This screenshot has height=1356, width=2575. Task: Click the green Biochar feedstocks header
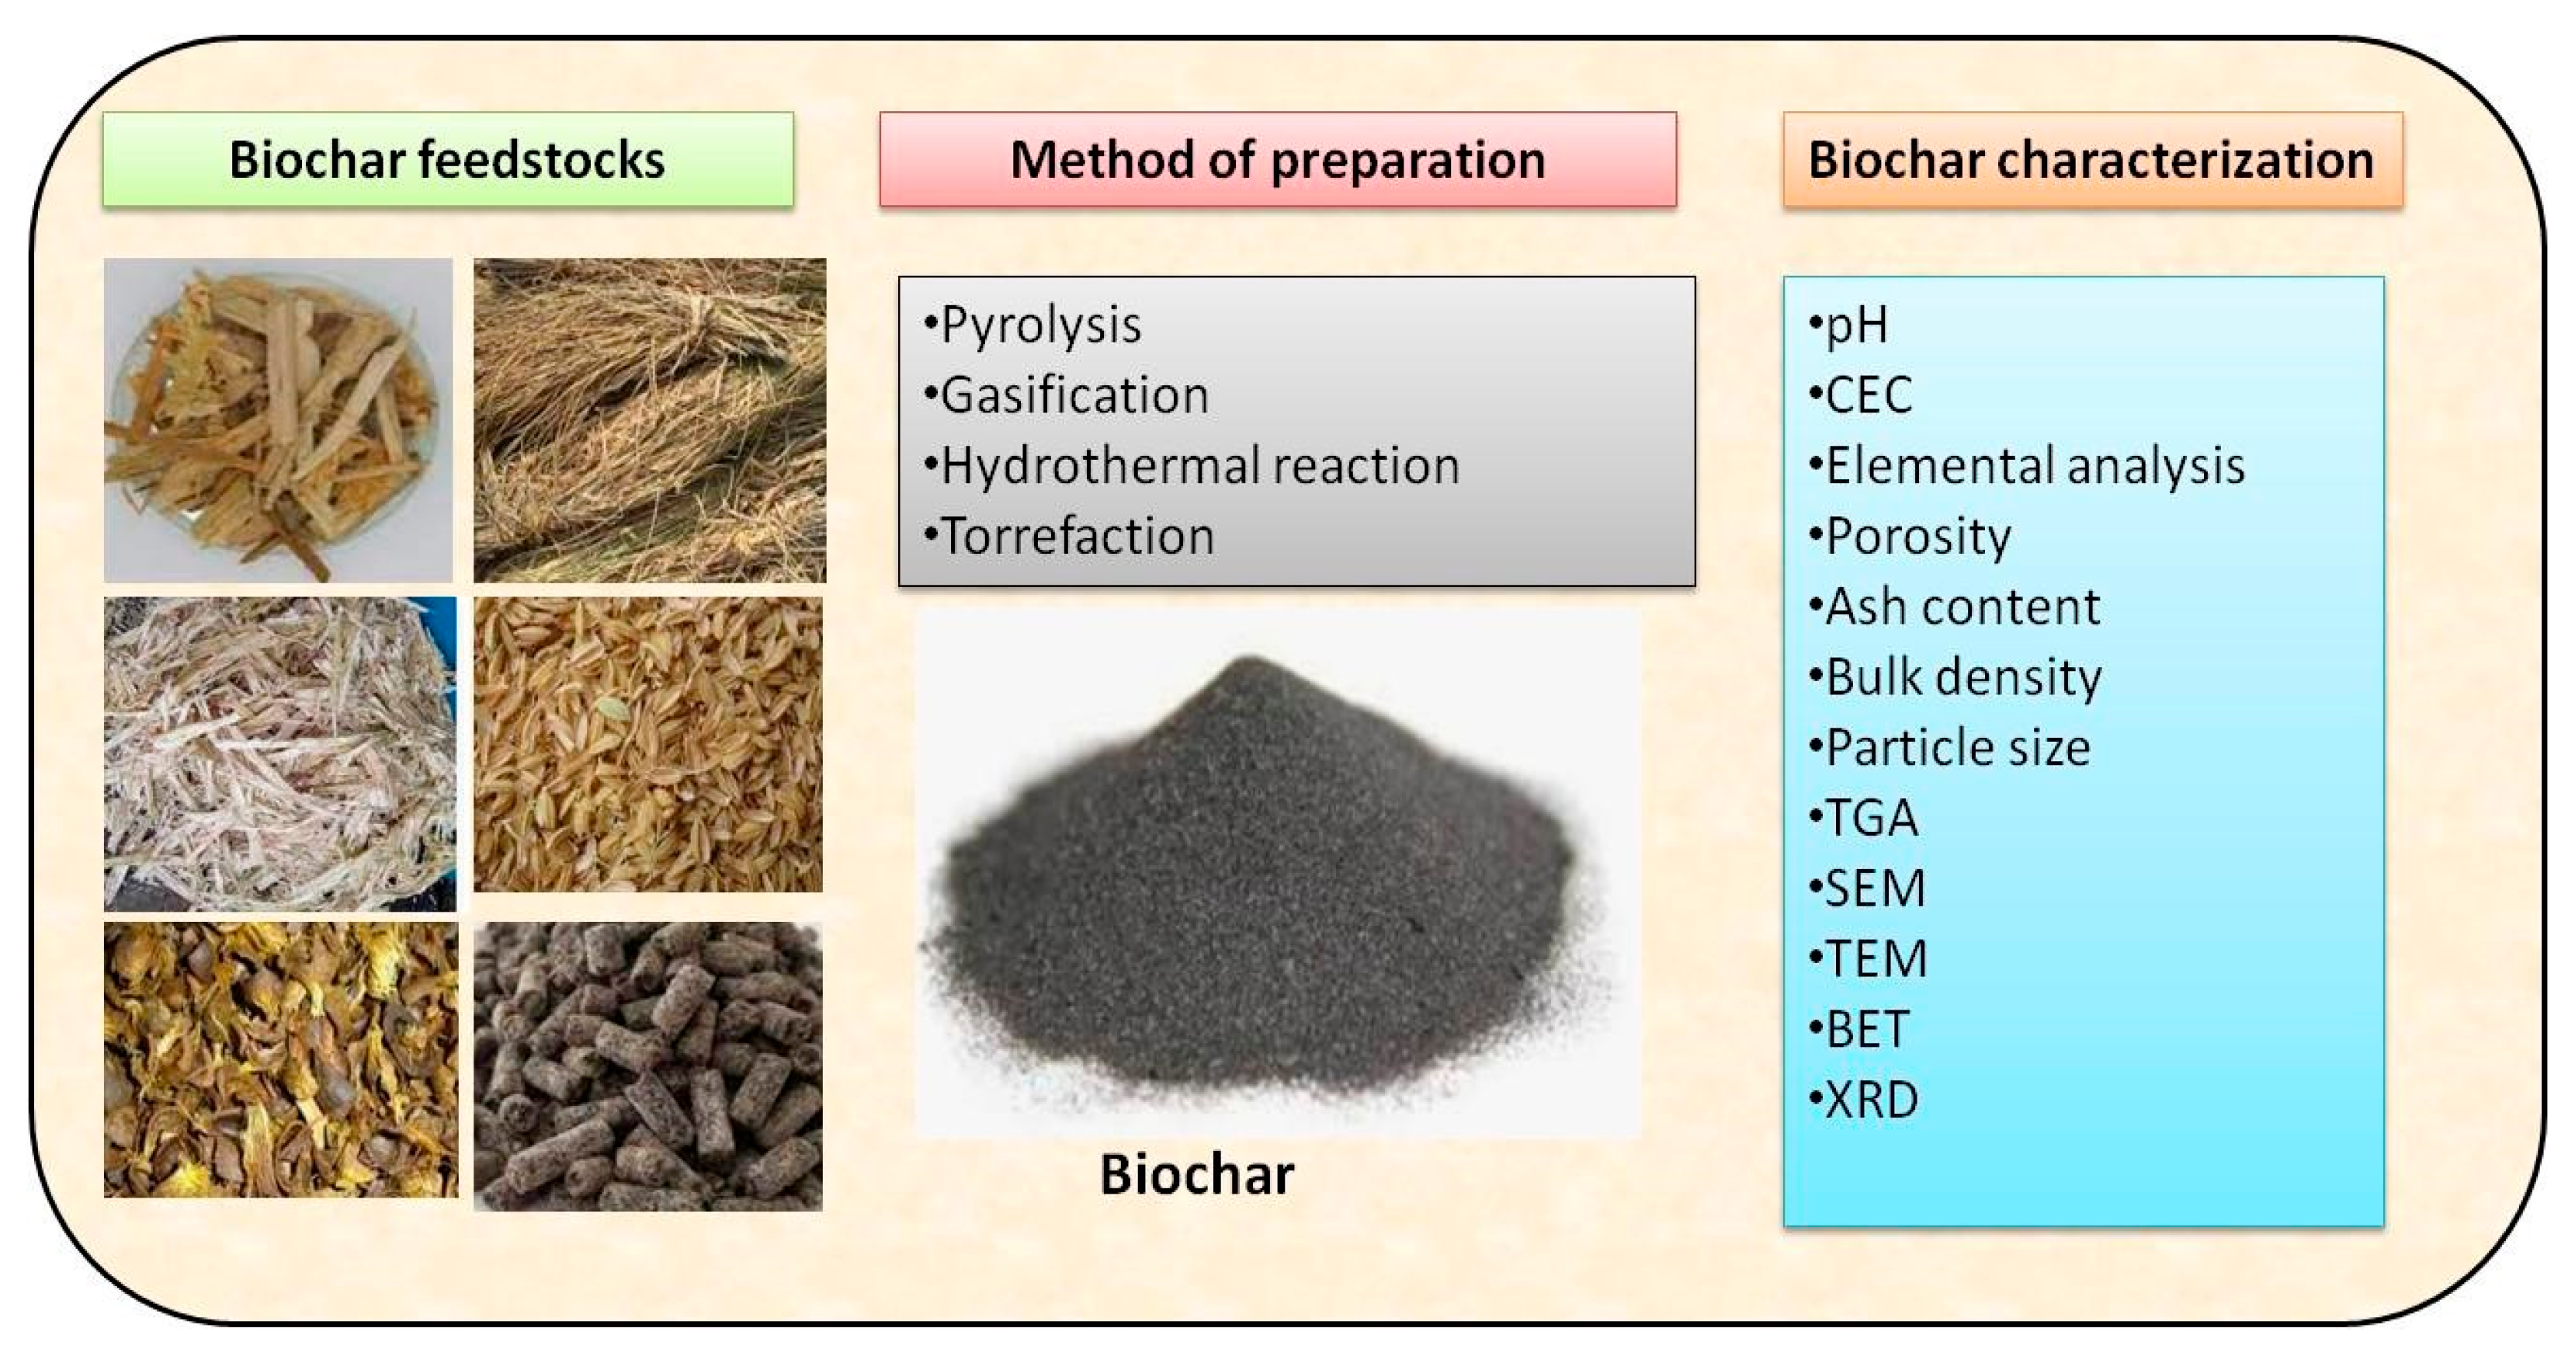(448, 160)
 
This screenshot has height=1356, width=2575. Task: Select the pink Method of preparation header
(1278, 160)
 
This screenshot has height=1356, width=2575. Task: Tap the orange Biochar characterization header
(2091, 160)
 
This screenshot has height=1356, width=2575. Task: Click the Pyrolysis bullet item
(1039, 325)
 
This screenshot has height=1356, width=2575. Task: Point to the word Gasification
(1074, 395)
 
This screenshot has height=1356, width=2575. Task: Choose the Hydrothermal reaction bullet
(1199, 466)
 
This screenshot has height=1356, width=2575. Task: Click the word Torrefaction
(1078, 536)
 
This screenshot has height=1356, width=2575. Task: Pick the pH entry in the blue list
(1856, 325)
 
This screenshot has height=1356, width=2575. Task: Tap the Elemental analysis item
(2034, 466)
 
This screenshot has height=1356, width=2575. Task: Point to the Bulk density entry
(1963, 677)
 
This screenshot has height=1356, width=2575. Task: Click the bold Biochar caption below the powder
(1196, 1174)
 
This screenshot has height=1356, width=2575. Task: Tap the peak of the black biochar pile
(1250, 662)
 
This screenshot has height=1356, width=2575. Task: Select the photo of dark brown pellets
(647, 1066)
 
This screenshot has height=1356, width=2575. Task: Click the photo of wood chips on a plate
(278, 420)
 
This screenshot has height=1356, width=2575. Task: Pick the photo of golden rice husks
(647, 744)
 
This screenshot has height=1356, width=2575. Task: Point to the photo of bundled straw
(650, 420)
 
